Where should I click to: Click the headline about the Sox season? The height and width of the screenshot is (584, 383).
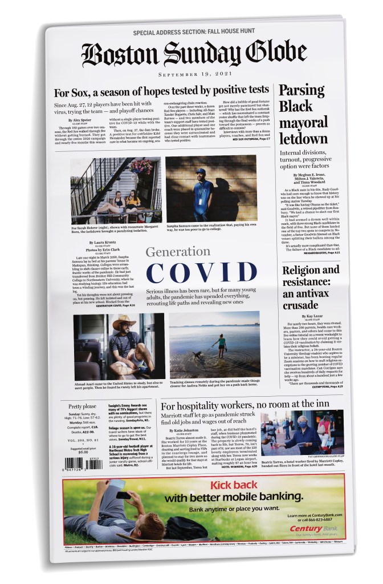tap(161, 91)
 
